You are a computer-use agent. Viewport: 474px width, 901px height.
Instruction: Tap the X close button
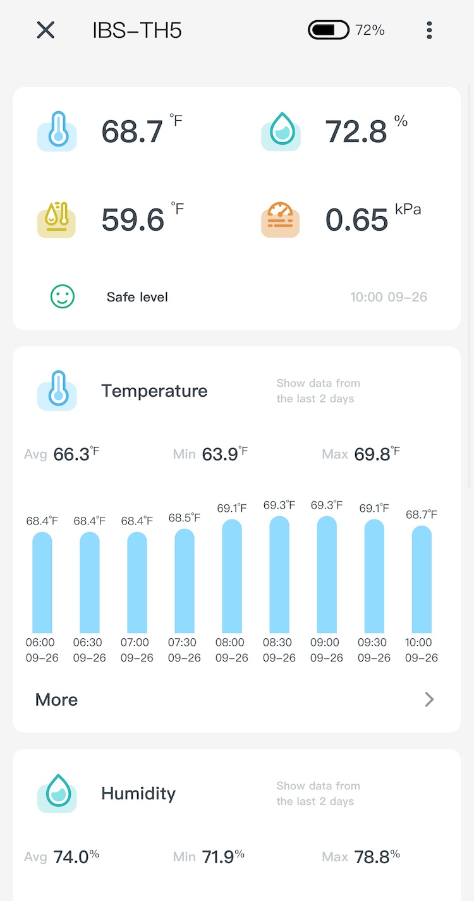click(x=46, y=30)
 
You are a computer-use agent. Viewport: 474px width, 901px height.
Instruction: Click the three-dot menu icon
click(x=429, y=30)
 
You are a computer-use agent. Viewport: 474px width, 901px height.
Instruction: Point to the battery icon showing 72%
click(x=329, y=30)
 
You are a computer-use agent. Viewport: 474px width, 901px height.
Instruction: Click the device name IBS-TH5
click(x=137, y=30)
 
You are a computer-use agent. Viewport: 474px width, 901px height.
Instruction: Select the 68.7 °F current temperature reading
click(x=133, y=131)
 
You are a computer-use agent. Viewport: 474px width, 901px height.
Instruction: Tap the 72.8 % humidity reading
click(x=356, y=131)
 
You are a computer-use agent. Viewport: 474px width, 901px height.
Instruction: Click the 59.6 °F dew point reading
click(x=133, y=219)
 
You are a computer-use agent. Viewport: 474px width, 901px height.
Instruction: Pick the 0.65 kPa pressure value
click(x=356, y=219)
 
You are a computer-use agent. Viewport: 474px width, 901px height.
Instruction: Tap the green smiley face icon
click(x=63, y=296)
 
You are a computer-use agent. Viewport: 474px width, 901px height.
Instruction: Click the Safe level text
click(x=137, y=297)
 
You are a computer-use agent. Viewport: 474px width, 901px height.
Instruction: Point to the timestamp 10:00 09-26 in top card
click(x=389, y=297)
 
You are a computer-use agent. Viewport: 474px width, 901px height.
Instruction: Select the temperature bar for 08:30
click(x=279, y=575)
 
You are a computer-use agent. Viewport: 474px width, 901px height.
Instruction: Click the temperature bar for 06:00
click(x=42, y=583)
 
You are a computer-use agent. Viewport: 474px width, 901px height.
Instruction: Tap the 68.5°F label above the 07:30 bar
click(x=184, y=518)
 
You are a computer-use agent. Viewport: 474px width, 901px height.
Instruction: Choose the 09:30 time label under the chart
click(x=374, y=650)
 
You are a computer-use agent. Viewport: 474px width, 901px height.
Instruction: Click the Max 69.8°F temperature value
click(x=372, y=454)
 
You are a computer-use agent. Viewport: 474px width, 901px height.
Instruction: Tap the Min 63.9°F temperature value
click(x=220, y=454)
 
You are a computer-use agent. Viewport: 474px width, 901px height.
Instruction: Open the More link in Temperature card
click(x=57, y=699)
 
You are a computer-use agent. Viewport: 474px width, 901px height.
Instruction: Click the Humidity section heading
click(x=138, y=794)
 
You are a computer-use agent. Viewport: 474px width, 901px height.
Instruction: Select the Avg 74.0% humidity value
click(x=72, y=857)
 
